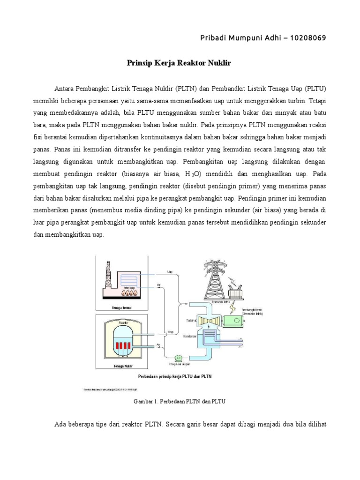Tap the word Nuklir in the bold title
coord(218,62)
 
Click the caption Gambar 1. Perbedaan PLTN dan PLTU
coord(180,402)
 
